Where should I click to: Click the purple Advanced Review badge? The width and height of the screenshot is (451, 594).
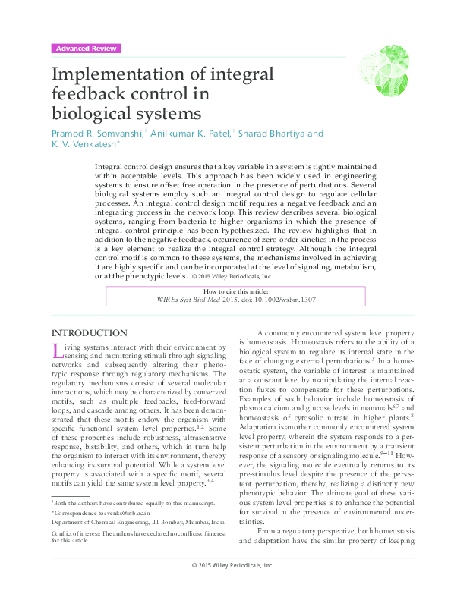tap(86, 49)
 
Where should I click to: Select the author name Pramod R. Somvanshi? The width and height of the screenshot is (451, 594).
tap(95, 134)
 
